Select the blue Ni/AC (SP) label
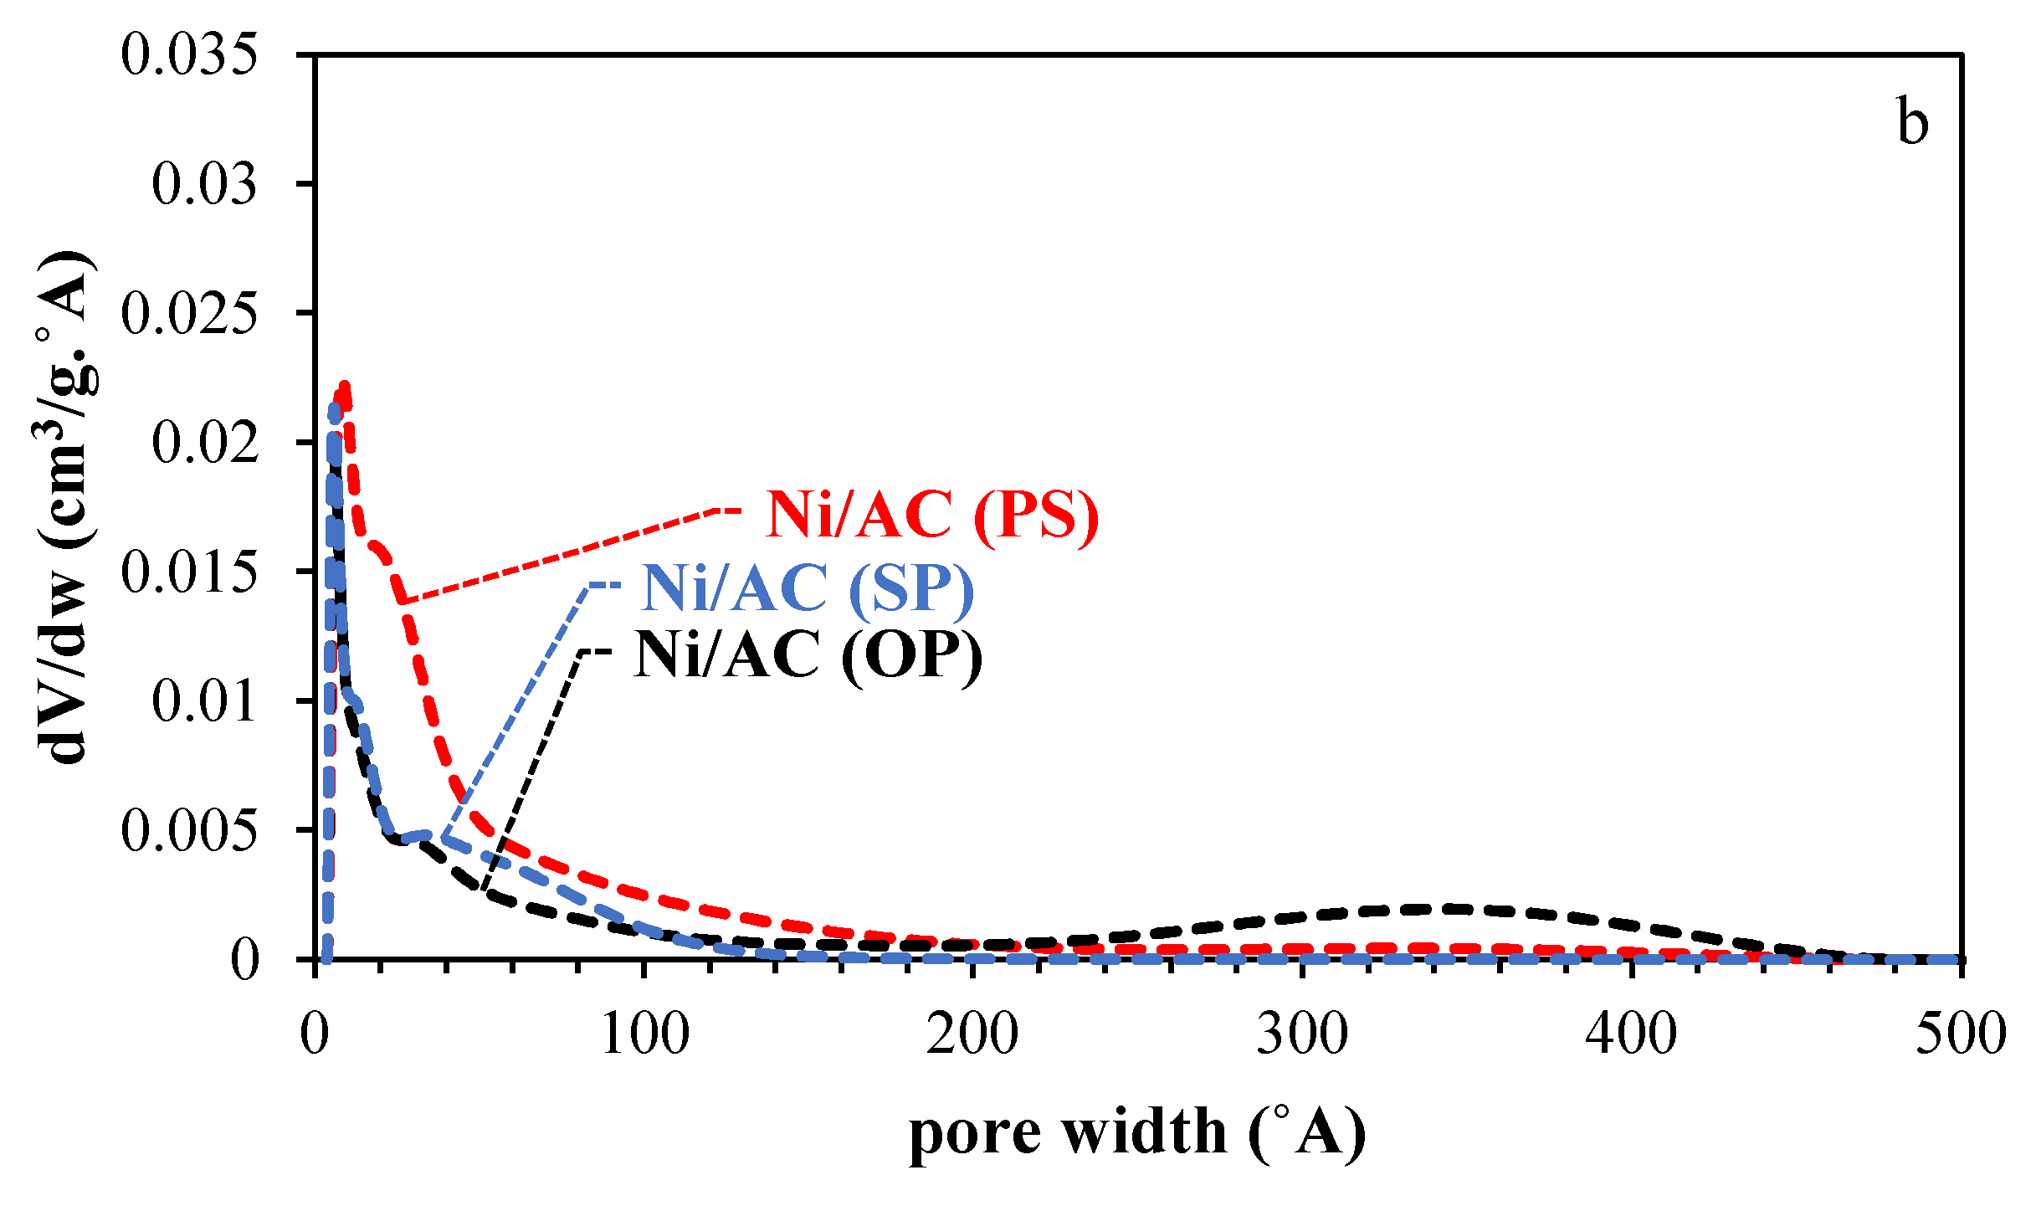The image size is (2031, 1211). pyautogui.click(x=808, y=588)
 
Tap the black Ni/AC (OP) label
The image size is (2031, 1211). pyautogui.click(x=808, y=655)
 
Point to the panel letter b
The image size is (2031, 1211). pyautogui.click(x=1912, y=123)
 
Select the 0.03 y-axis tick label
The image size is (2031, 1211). pyautogui.click(x=204, y=184)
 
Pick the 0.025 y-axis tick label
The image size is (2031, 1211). pyautogui.click(x=189, y=314)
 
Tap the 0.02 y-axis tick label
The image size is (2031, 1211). pyautogui.click(x=204, y=443)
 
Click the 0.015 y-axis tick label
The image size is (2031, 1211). pyautogui.click(x=189, y=572)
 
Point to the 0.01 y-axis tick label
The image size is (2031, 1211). pyautogui.click(x=204, y=701)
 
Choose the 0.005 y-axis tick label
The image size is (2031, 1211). pyautogui.click(x=189, y=831)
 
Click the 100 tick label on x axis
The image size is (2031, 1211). pyautogui.click(x=644, y=1034)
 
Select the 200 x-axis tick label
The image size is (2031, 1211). pyautogui.click(x=972, y=1034)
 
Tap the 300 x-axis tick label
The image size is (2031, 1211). pyautogui.click(x=1302, y=1034)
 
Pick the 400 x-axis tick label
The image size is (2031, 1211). pyautogui.click(x=1631, y=1034)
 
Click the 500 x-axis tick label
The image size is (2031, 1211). pyautogui.click(x=1960, y=1034)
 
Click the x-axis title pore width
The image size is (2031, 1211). pyautogui.click(x=1137, y=1132)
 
